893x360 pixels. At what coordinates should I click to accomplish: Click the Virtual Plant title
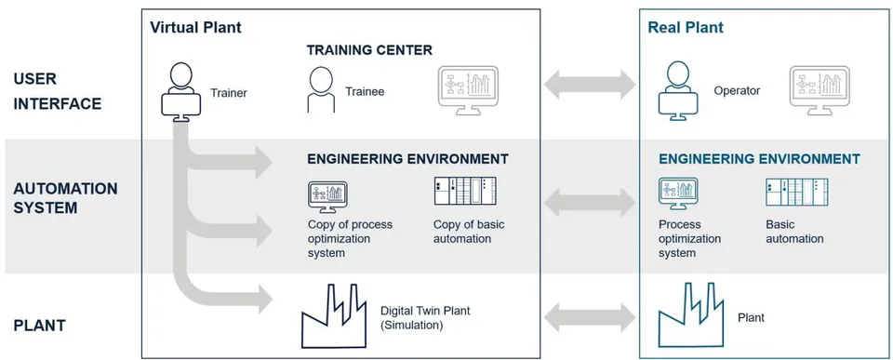click(x=195, y=27)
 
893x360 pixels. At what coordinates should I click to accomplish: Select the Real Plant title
click(x=686, y=27)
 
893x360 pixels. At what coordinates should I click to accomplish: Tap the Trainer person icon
click(x=181, y=92)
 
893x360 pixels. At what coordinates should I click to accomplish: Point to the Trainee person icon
click(x=321, y=89)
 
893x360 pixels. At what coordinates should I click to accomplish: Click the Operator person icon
click(x=678, y=92)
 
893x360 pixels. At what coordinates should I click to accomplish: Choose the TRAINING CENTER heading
click(x=369, y=50)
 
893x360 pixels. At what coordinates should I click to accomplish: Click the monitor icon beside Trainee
click(x=468, y=91)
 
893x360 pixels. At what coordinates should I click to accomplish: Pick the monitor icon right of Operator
click(x=820, y=91)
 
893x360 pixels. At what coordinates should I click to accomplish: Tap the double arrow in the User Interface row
click(x=590, y=85)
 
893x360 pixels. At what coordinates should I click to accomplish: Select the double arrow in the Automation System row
click(x=590, y=202)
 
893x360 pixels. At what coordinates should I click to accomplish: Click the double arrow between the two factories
click(x=590, y=317)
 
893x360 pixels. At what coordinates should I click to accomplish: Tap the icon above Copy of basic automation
click(x=465, y=191)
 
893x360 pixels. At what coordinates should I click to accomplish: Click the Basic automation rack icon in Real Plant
click(x=797, y=192)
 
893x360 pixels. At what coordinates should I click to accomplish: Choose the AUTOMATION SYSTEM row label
click(x=65, y=197)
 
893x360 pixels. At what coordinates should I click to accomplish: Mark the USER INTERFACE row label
click(x=58, y=91)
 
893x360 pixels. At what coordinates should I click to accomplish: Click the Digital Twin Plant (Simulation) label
click(x=425, y=318)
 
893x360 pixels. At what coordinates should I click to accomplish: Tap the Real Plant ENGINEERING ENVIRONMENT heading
click(x=759, y=159)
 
